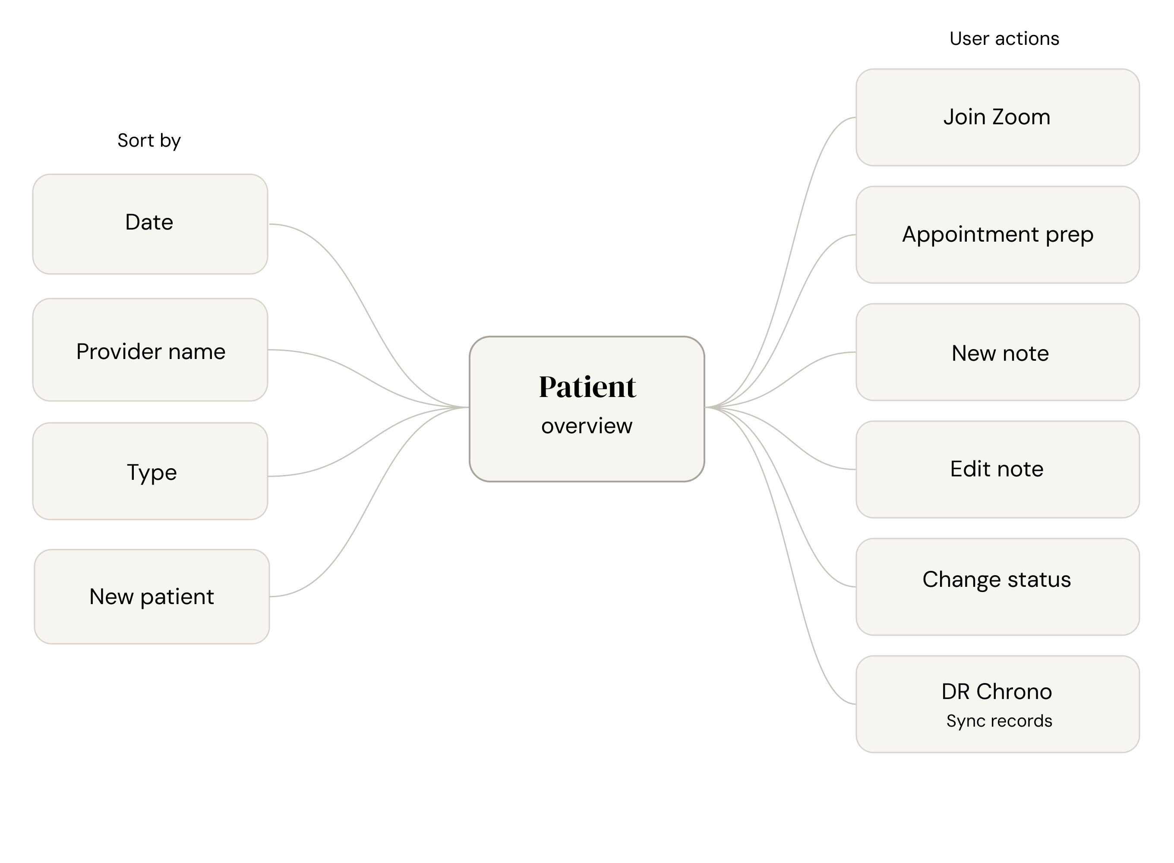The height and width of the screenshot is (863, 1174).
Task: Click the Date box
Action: [150, 224]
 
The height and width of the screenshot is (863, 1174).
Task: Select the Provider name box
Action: [150, 350]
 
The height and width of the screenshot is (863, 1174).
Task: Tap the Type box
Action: [150, 471]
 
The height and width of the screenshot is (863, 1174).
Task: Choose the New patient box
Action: [151, 597]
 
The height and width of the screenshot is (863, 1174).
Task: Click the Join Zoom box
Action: [997, 117]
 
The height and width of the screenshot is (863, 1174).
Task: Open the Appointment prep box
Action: [997, 235]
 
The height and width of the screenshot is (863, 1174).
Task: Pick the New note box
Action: [997, 353]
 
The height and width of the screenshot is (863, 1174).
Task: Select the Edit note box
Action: [997, 469]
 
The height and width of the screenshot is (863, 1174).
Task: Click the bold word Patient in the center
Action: [587, 387]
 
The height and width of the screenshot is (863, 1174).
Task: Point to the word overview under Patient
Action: [587, 426]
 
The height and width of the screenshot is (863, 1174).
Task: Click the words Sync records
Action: [999, 721]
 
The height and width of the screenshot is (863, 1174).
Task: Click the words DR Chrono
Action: [996, 692]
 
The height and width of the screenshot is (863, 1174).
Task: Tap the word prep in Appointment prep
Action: [1069, 235]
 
